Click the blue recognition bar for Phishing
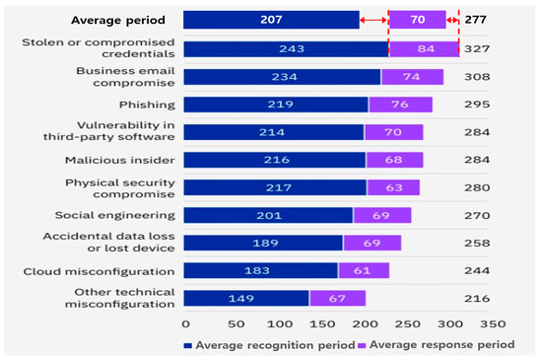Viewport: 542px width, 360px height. (x=276, y=105)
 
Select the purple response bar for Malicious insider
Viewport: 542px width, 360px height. (x=394, y=160)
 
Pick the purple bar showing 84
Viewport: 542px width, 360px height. (x=424, y=49)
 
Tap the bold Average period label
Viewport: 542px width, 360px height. (x=118, y=20)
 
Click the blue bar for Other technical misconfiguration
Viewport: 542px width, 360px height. (x=246, y=298)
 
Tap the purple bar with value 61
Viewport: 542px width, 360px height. (x=365, y=270)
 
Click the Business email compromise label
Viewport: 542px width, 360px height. (x=117, y=77)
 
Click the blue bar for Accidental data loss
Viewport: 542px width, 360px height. (x=263, y=243)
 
